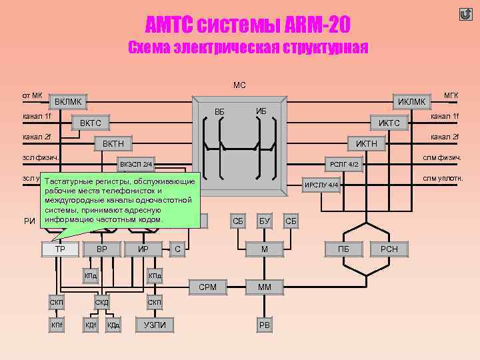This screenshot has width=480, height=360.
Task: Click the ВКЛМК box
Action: pyautogui.click(x=69, y=102)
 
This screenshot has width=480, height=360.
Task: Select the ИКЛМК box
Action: pyautogui.click(x=411, y=102)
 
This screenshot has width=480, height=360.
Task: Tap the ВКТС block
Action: pyautogui.click(x=91, y=123)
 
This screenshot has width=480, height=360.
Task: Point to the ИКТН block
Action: pyautogui.click(x=367, y=143)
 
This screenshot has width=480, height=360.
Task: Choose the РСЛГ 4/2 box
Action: pyautogui.click(x=345, y=163)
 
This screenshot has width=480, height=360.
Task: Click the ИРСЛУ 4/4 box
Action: pyautogui.click(x=322, y=185)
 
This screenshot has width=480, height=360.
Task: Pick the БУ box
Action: pyautogui.click(x=265, y=220)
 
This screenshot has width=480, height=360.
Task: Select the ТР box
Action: pyautogui.click(x=60, y=249)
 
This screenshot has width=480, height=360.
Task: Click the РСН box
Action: pyautogui.click(x=389, y=249)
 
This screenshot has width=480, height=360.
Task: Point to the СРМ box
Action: pyautogui.click(x=207, y=287)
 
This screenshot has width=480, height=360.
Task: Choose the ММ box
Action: pyautogui.click(x=265, y=287)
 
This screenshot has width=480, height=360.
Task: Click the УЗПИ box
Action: pyautogui.click(x=155, y=325)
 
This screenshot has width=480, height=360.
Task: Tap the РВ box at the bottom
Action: pyautogui.click(x=265, y=325)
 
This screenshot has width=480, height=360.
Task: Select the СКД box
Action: pyautogui.click(x=102, y=303)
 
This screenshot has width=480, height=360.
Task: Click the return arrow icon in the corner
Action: pyautogui.click(x=465, y=15)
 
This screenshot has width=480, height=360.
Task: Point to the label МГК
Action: pyautogui.click(x=451, y=95)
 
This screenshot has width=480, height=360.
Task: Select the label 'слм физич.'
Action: pyautogui.click(x=443, y=158)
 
